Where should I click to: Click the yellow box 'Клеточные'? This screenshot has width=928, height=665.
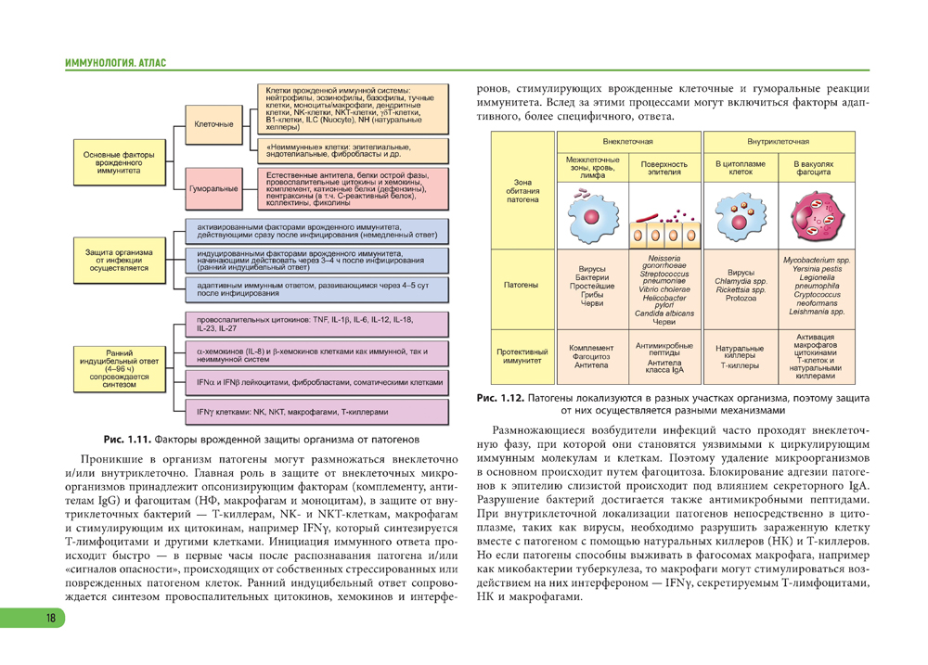pos(214,124)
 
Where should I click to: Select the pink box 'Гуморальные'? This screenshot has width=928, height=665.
pos(214,188)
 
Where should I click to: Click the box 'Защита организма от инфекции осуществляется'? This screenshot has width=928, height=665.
pos(119,260)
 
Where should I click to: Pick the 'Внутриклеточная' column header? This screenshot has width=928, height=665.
pos(778,142)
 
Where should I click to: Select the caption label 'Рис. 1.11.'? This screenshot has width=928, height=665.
pos(126,437)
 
